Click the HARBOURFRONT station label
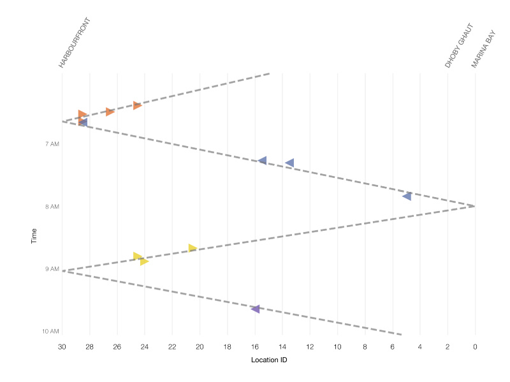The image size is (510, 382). click(75, 43)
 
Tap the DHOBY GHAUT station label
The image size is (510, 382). click(460, 46)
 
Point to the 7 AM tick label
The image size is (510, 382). click(52, 144)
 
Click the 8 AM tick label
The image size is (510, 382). click(52, 207)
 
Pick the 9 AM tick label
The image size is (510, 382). click(52, 269)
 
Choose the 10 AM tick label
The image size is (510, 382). click(50, 332)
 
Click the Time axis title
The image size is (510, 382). click(34, 236)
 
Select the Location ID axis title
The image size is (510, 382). click(268, 360)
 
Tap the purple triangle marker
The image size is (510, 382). click(256, 309)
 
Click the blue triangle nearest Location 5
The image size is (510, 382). click(407, 196)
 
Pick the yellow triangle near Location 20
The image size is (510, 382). click(193, 248)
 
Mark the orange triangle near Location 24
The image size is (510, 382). click(137, 105)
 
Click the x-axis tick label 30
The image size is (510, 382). click(62, 347)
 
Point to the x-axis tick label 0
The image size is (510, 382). click(475, 347)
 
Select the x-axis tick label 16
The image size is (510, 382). click(254, 347)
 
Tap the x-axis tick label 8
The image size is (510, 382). click(365, 347)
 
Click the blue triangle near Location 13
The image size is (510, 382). click(290, 163)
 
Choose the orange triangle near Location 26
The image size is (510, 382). click(110, 112)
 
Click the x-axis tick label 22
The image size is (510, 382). click(172, 347)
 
